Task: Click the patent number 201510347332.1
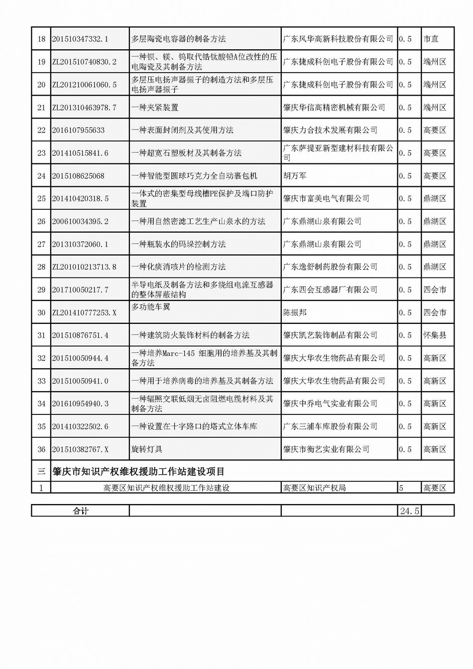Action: click(x=80, y=39)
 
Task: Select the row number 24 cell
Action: click(x=41, y=176)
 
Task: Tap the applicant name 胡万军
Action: click(x=295, y=176)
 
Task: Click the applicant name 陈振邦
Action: click(x=295, y=313)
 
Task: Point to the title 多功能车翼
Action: click(x=150, y=307)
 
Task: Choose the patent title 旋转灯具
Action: click(x=147, y=449)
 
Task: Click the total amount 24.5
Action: click(x=409, y=511)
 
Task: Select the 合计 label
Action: click(x=81, y=511)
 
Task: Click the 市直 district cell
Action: click(x=431, y=39)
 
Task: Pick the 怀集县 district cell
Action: click(x=435, y=335)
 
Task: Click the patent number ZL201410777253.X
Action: click(x=84, y=313)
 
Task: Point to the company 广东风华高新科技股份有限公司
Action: click(x=338, y=39)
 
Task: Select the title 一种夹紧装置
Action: click(x=155, y=108)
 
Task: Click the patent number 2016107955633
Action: click(x=78, y=131)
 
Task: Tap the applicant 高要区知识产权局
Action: click(x=314, y=488)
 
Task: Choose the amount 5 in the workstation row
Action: click(x=401, y=488)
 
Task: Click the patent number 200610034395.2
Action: click(x=80, y=222)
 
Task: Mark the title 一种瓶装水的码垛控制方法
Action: click(x=178, y=244)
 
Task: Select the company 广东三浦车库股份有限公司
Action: click(x=330, y=426)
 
